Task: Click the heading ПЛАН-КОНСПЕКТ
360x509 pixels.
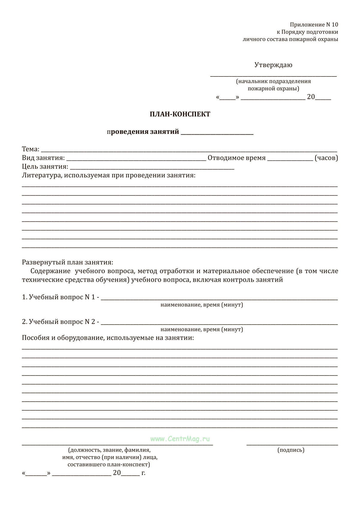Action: (x=180, y=114)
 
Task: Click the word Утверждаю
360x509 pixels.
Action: (x=273, y=65)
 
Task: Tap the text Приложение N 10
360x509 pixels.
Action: (x=314, y=25)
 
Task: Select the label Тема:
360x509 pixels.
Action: (x=31, y=149)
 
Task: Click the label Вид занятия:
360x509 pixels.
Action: (x=43, y=158)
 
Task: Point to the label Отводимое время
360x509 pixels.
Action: (x=236, y=158)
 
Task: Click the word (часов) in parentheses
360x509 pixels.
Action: (x=326, y=158)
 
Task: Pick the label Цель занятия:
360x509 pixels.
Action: (x=45, y=166)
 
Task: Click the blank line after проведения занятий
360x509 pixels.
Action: (x=217, y=133)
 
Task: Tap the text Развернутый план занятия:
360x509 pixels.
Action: (x=67, y=262)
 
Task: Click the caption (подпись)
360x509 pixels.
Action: (x=291, y=450)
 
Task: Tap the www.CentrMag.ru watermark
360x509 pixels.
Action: (x=180, y=439)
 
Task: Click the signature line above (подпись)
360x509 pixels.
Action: (x=292, y=445)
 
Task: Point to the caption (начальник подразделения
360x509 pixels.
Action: (x=273, y=81)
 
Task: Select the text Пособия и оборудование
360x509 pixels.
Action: (x=63, y=338)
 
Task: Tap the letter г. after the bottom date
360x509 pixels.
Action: (x=143, y=473)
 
